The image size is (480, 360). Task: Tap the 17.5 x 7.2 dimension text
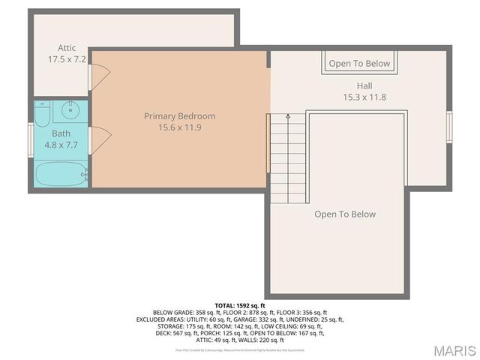[x=67, y=58]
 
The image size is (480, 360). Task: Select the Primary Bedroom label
[x=180, y=116]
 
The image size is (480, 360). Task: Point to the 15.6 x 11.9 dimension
[x=180, y=128]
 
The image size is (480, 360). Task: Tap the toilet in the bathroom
[x=42, y=113]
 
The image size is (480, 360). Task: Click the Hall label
[x=364, y=85]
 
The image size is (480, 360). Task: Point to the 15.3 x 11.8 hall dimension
[x=364, y=97]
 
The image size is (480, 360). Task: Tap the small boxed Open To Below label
[x=359, y=64]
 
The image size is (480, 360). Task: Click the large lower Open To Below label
[x=345, y=214]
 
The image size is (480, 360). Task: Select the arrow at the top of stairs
[x=288, y=118]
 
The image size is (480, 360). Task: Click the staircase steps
[x=288, y=154]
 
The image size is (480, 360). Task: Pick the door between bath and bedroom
[x=97, y=137]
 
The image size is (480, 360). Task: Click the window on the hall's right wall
[x=449, y=125]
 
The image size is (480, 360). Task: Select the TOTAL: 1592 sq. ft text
[x=240, y=306]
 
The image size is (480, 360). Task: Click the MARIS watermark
[x=454, y=350]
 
